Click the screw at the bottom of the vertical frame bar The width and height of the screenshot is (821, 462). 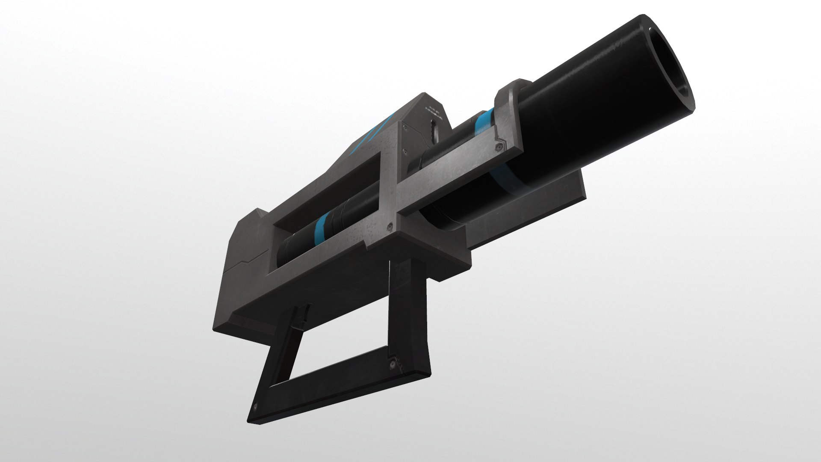pyautogui.click(x=389, y=225)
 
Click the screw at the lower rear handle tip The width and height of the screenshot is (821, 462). pyautogui.click(x=255, y=407)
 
